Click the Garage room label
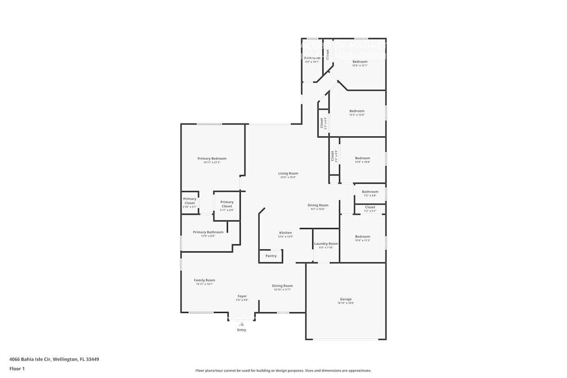pos(346,299)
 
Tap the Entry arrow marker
pos(241,324)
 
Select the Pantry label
pos(271,256)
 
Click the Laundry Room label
pos(326,244)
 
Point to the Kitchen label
pos(285,233)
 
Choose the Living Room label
pos(288,173)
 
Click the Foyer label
pos(241,296)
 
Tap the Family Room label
pos(204,280)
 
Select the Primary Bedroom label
pos(212,159)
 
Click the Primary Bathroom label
pos(208,232)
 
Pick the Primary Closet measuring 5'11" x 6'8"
pos(227,204)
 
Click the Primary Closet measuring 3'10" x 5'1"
pos(189,201)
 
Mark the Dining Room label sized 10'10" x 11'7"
pos(282,286)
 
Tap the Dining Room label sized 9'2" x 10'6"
pos(317,205)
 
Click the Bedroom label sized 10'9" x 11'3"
pos(363,237)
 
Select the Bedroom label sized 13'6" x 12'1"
pos(359,62)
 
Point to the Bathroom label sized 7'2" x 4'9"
pos(370,192)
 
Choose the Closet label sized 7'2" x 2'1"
pos(370,208)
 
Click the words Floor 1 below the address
pos(17,368)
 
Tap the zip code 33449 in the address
pos(93,359)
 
